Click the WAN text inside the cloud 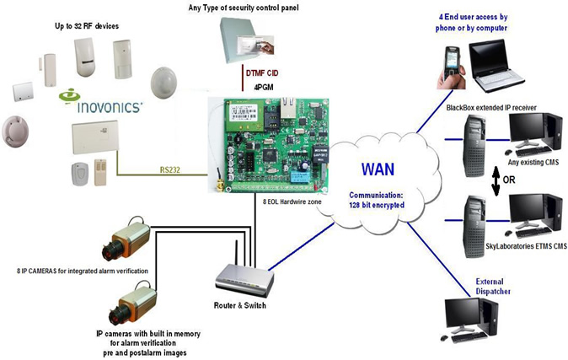379,164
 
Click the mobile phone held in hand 453,61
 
